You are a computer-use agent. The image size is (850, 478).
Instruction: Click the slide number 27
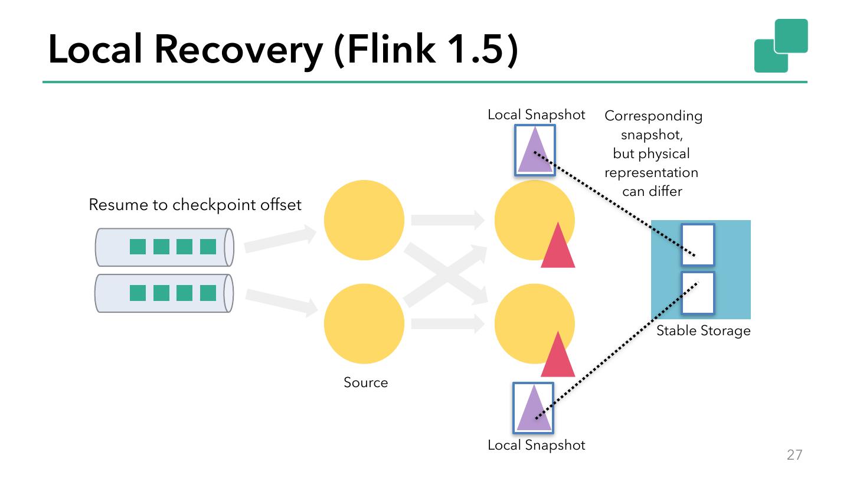[x=795, y=454]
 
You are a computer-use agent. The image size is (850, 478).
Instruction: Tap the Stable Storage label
[x=703, y=330]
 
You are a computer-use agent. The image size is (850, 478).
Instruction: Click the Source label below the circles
[x=365, y=382]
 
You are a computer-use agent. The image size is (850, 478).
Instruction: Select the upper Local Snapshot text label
[x=536, y=115]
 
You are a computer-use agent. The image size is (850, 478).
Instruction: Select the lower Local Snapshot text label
[x=536, y=445]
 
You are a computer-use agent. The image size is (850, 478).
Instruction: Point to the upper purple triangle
[x=534, y=153]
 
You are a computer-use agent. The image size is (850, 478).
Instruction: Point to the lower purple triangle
[x=534, y=410]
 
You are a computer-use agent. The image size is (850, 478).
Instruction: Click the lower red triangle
[x=558, y=358]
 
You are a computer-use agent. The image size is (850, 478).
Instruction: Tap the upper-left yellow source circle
[x=364, y=220]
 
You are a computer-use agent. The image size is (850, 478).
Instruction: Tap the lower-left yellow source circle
[x=364, y=323]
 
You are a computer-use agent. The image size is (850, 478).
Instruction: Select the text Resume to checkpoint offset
[x=195, y=205]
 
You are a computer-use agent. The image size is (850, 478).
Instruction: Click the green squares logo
[x=780, y=45]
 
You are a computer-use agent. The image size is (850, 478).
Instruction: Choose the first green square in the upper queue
[x=138, y=247]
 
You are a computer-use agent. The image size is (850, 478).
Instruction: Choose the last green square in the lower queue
[x=208, y=293]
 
